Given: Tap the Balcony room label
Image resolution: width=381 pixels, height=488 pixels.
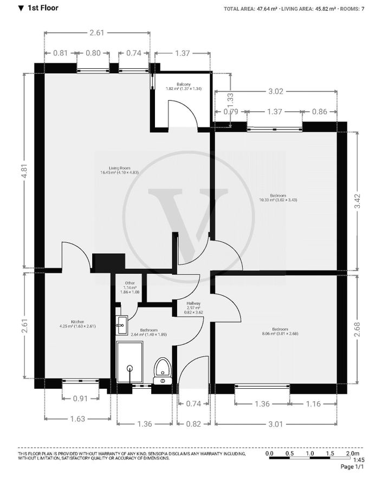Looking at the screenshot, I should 183,86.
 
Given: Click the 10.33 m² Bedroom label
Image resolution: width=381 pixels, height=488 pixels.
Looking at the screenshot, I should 278,197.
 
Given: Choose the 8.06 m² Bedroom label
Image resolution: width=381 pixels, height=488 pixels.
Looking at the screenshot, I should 280,331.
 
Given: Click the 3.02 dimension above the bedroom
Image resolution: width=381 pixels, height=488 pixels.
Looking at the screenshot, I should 276,91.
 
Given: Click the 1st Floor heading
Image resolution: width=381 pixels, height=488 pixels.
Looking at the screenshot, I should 42,8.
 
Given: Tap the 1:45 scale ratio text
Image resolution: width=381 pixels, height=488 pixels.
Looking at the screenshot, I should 359,460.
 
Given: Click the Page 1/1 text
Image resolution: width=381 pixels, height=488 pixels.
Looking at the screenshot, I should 352,467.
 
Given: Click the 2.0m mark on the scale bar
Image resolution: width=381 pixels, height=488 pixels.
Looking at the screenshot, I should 352,453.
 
